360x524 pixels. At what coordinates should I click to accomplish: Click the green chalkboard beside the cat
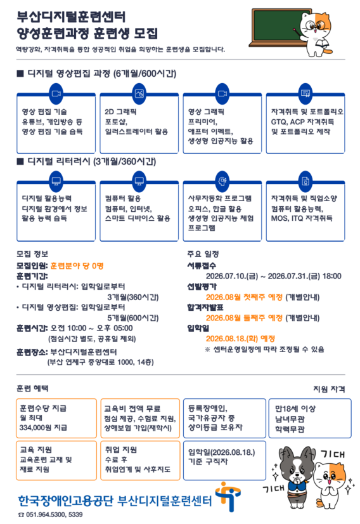280,27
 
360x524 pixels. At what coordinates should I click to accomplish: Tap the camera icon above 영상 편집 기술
56,94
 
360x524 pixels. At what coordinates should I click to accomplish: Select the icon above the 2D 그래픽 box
139,94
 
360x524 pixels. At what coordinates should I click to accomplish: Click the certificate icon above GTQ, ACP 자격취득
305,94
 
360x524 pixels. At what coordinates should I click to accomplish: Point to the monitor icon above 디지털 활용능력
56,181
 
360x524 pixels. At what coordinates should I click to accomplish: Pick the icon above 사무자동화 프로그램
222,181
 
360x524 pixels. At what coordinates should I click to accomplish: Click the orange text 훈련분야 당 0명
77,266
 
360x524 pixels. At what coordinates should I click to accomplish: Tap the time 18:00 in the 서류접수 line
332,277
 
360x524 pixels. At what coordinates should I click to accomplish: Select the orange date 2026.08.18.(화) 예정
240,339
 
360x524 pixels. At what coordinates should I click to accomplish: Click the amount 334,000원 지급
43,428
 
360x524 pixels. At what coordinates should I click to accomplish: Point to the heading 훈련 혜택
32,388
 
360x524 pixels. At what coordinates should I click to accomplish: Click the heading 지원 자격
329,389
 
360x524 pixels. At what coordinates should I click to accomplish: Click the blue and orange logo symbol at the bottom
228,496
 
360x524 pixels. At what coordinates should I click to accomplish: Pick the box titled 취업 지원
140,461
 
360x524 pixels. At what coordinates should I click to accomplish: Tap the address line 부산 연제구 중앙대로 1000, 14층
101,362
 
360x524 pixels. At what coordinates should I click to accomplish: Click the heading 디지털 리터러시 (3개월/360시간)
86,162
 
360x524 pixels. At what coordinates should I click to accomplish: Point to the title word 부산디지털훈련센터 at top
71,17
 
